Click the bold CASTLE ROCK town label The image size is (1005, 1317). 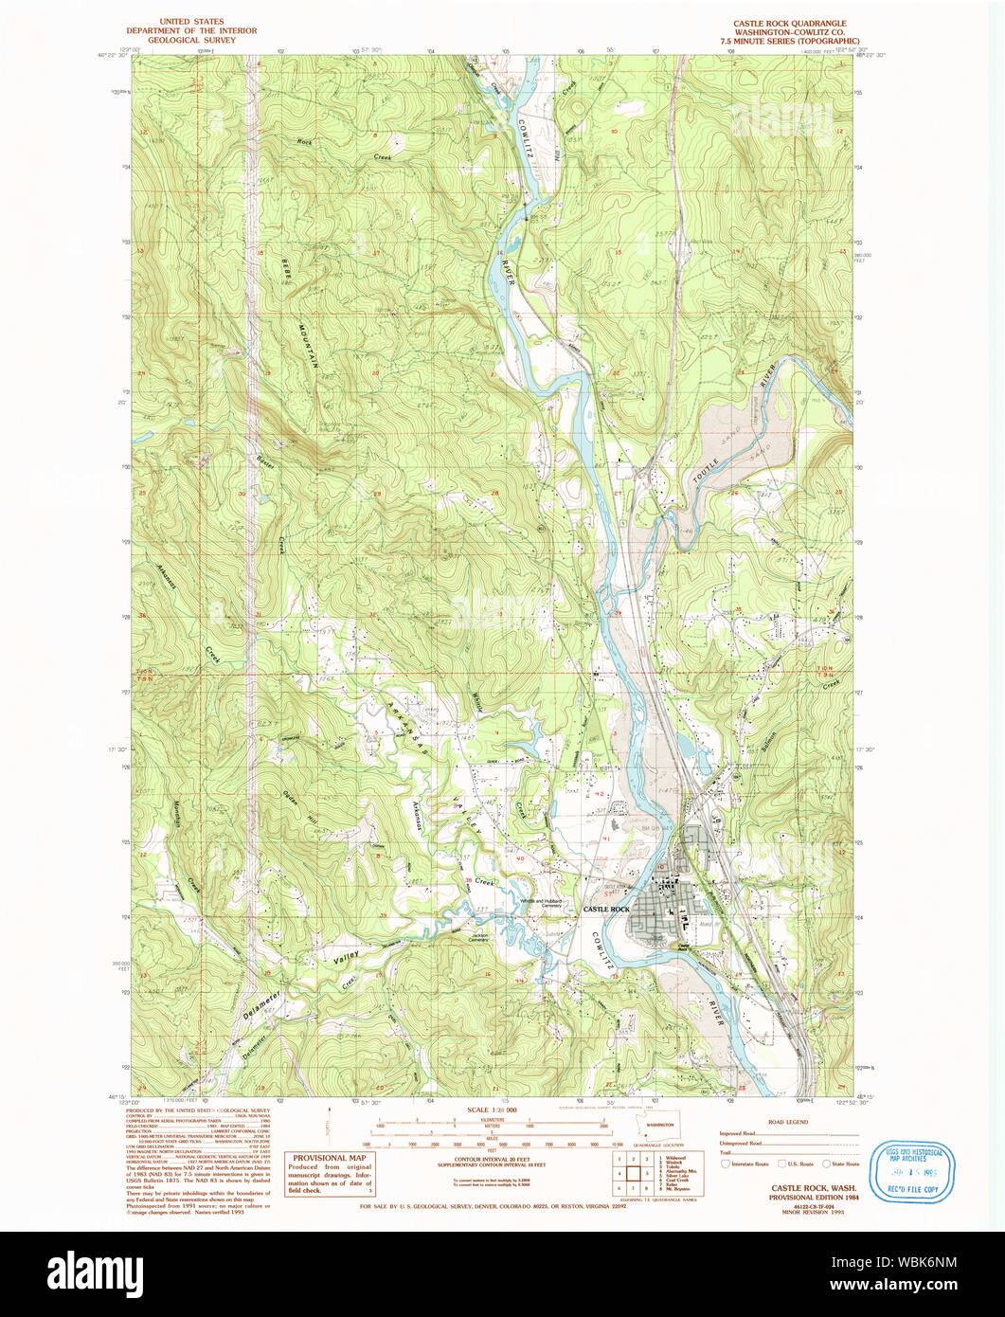[606, 910]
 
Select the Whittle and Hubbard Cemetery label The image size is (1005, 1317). [540, 903]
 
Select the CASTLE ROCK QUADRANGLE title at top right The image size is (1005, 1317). [789, 22]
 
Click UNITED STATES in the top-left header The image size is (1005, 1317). [192, 21]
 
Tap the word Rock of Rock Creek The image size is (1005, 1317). [304, 142]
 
